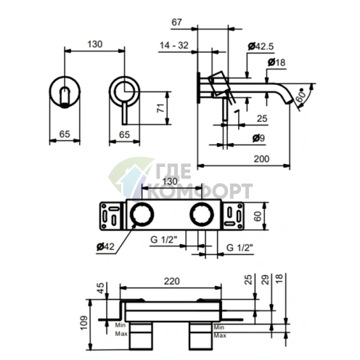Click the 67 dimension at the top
176,22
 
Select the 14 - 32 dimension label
174,45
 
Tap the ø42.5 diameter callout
261,46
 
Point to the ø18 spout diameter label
277,62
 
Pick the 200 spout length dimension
261,159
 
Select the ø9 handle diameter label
258,138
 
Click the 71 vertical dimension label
160,107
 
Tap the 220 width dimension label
172,281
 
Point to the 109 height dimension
83,323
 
